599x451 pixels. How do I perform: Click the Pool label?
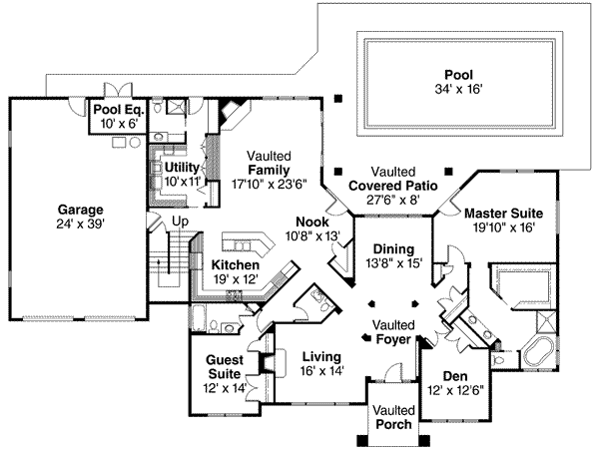(460, 74)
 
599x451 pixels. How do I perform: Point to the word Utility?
(183, 167)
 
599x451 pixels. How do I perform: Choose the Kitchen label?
(236, 265)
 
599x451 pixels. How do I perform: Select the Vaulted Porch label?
(391, 417)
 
